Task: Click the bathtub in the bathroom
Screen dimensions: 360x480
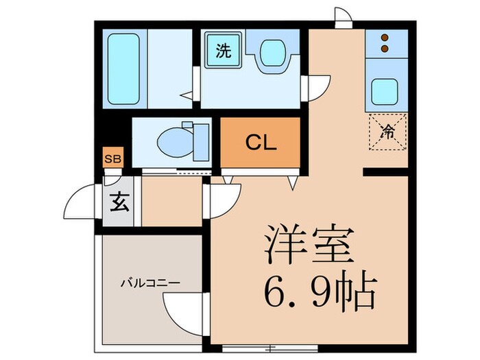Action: click(x=124, y=67)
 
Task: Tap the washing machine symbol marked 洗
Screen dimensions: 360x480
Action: click(x=224, y=51)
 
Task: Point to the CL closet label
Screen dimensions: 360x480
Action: click(x=261, y=143)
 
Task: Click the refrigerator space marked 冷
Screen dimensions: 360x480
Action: click(x=387, y=132)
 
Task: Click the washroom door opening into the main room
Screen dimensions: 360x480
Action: click(x=317, y=84)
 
